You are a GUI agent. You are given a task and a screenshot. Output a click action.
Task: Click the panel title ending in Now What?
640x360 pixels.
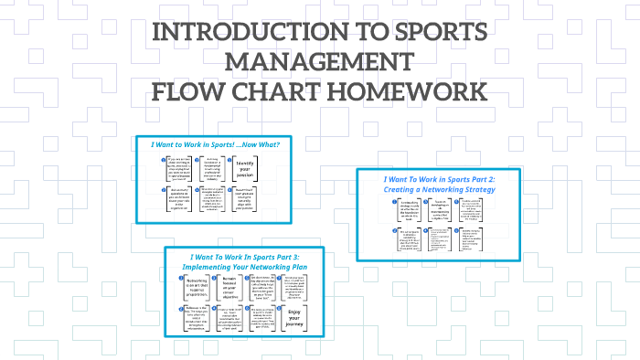pos(215,144)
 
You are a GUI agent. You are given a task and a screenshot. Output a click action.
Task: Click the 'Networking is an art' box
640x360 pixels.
pos(196,289)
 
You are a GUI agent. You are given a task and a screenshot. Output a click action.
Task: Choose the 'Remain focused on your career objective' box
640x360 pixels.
pos(231,289)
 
